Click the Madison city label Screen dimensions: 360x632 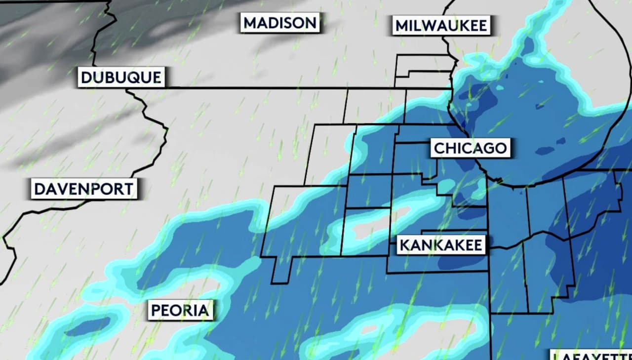point(280,23)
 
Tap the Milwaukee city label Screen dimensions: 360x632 point(441,25)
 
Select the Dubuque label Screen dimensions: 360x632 point(120,78)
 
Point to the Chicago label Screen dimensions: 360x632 point(470,148)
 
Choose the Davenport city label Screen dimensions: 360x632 point(83,189)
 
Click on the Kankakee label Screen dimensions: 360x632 point(440,245)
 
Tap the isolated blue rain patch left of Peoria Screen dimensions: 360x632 point(88,326)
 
